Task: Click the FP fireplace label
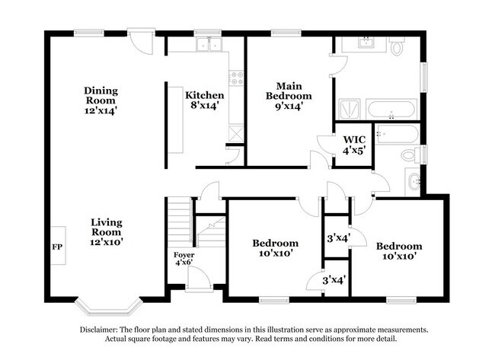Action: click(x=57, y=247)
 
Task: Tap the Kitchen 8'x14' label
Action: click(x=205, y=100)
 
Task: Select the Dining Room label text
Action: click(x=101, y=96)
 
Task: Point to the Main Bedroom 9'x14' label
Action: click(x=289, y=96)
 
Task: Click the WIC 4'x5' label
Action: click(x=354, y=145)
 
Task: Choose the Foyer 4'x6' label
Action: click(x=184, y=259)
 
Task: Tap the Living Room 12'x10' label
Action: click(x=106, y=232)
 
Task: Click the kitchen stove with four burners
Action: click(x=236, y=78)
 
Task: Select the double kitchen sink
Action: click(x=209, y=44)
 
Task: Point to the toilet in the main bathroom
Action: click(x=397, y=46)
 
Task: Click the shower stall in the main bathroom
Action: click(x=350, y=109)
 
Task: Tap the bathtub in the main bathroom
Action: click(x=391, y=109)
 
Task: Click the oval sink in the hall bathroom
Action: click(x=414, y=182)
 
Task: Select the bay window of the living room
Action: click(x=108, y=307)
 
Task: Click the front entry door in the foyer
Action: click(x=199, y=278)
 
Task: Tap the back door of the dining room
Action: click(x=142, y=41)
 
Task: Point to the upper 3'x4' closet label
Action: click(x=338, y=237)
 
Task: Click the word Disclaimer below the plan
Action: click(x=99, y=330)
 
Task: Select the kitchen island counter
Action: click(x=175, y=120)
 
